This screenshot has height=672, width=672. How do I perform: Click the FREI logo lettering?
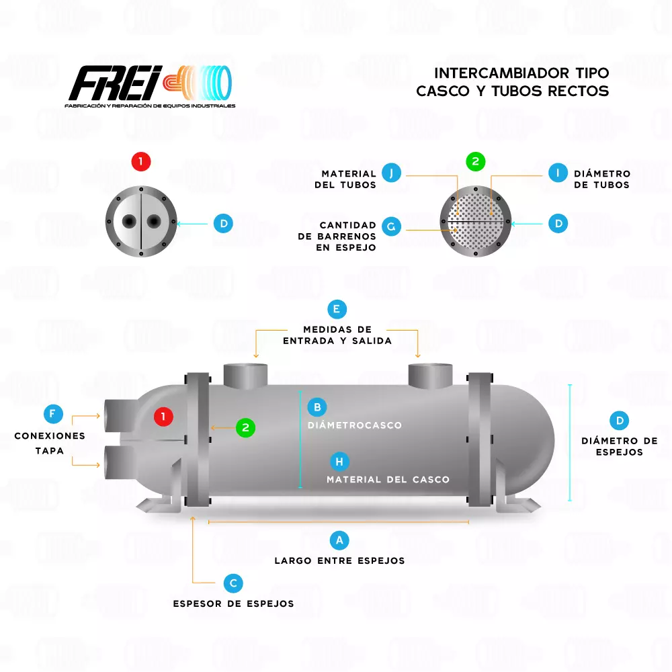(x=114, y=85)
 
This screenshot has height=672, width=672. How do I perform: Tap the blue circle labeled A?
(x=339, y=540)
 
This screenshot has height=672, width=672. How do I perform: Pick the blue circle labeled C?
(x=233, y=583)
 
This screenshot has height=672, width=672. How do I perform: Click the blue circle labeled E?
(x=337, y=309)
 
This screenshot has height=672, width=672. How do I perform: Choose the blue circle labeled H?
(x=339, y=461)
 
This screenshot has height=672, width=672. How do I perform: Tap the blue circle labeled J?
(x=391, y=173)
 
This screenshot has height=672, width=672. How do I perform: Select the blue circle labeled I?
(x=557, y=173)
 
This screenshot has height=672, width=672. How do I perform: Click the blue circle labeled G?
(x=391, y=226)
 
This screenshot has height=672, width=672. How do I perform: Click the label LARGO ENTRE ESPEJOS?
(x=339, y=560)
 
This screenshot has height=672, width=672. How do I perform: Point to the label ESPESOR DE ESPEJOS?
(x=233, y=603)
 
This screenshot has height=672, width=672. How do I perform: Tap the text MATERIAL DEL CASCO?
(x=388, y=479)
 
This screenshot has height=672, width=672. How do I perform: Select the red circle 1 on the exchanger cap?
(x=163, y=417)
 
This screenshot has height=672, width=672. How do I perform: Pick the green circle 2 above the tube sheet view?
(x=475, y=161)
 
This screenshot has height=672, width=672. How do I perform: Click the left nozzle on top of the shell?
(x=245, y=375)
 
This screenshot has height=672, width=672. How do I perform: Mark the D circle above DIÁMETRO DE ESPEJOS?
(x=620, y=421)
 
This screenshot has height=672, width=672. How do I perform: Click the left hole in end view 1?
(x=128, y=221)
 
